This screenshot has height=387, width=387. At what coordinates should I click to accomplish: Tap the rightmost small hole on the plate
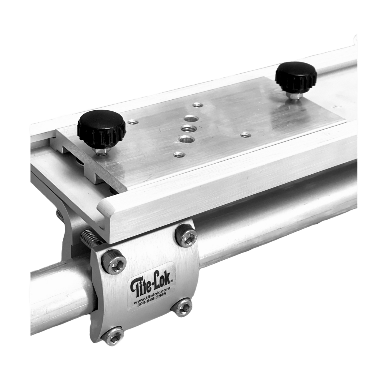tap(243, 135)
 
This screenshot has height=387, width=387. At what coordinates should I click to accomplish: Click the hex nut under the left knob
tap(102, 153)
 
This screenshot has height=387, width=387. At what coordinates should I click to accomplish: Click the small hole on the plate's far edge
tap(197, 105)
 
